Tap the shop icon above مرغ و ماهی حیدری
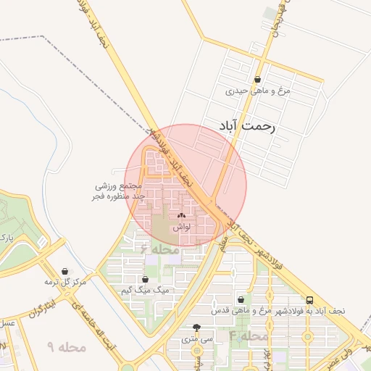pyautogui.click(x=258, y=80)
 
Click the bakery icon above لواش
pyautogui.click(x=181, y=216)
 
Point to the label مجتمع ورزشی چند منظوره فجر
pyautogui.click(x=120, y=191)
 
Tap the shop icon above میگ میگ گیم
pyautogui.click(x=145, y=279)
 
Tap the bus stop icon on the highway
pyautogui.click(x=310, y=300)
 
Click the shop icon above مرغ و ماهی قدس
pyautogui.click(x=240, y=299)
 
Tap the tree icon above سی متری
pyautogui.click(x=197, y=328)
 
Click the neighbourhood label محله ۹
pyautogui.click(x=67, y=348)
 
